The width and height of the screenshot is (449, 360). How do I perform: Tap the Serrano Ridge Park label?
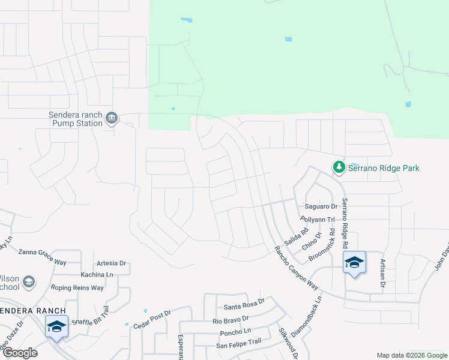point(384,168)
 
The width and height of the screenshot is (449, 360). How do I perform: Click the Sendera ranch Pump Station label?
point(76,119)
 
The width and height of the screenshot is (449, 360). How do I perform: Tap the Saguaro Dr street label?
point(322,206)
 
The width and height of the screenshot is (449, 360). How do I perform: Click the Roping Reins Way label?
point(77,288)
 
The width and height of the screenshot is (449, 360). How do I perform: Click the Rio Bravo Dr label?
point(231,320)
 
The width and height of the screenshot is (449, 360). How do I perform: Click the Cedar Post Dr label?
point(152,320)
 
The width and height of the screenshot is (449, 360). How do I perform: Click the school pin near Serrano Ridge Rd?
point(354,262)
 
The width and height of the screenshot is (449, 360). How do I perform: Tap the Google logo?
point(20,353)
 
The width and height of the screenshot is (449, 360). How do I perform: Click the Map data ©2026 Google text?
point(411,355)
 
